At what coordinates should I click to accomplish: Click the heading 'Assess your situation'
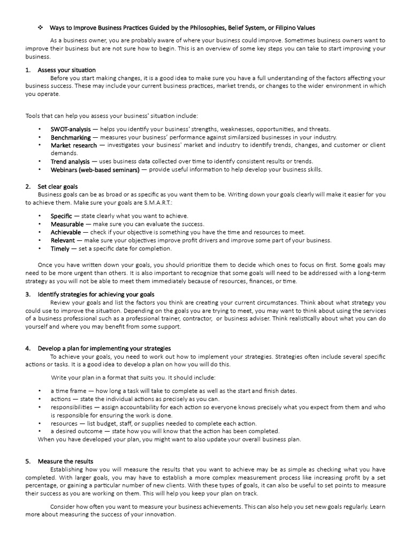tap(66, 70)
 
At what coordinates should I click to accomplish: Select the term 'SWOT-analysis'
tap(71, 129)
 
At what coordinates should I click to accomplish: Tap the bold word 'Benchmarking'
tap(71, 137)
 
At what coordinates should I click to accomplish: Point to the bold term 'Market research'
tap(74, 145)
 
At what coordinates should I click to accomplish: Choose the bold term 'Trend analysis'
tap(70, 161)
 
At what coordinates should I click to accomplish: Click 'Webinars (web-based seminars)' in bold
tap(95, 169)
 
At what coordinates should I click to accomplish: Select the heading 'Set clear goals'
tap(58, 186)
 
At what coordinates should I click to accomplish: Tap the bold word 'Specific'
tap(61, 216)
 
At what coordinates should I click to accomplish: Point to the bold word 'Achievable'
tap(66, 232)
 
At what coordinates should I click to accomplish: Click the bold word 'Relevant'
tap(63, 240)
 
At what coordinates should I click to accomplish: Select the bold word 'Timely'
tap(60, 248)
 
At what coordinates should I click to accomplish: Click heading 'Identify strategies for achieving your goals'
tap(96, 294)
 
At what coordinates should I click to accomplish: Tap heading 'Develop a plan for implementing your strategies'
tap(104, 348)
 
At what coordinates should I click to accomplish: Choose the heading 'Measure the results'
tap(65, 461)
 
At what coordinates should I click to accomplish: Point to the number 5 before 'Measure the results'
tap(27, 461)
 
